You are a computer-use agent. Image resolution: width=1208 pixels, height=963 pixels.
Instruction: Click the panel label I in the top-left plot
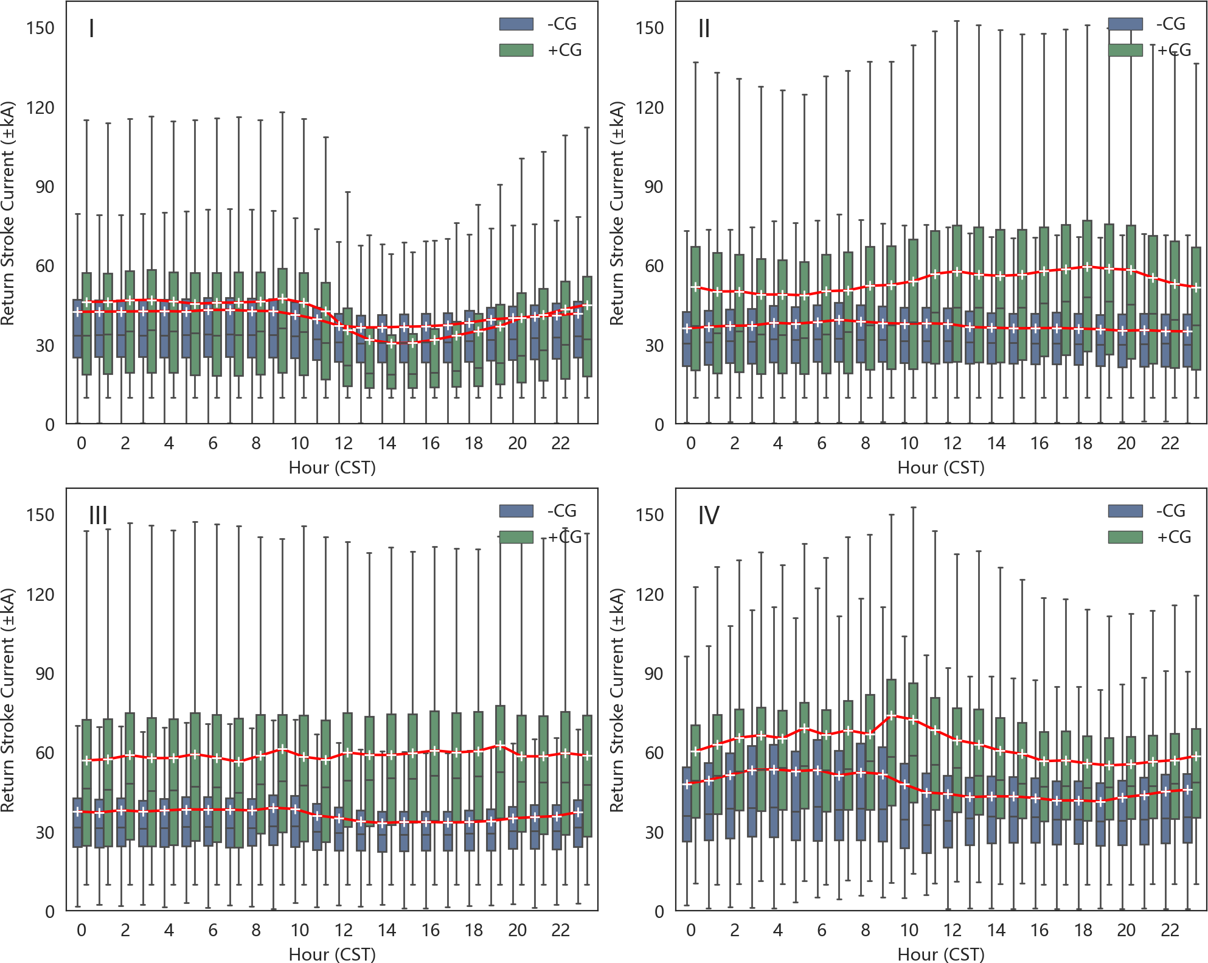click(x=91, y=29)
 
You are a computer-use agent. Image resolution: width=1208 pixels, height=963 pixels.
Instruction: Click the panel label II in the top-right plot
click(x=704, y=29)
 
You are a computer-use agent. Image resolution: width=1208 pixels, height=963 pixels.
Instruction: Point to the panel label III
click(x=98, y=516)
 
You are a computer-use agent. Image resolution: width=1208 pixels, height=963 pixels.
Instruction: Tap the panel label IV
click(x=709, y=516)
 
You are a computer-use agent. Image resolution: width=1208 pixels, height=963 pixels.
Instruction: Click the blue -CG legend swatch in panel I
click(x=516, y=24)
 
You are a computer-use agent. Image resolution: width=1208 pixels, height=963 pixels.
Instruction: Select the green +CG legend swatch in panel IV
click(x=1125, y=537)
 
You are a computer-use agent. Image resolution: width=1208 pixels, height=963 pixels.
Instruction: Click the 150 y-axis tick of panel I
click(x=40, y=28)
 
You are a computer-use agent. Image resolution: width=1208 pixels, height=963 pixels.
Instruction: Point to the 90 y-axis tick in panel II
click(x=654, y=187)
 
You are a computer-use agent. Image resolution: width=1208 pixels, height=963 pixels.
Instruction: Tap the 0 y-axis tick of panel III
click(x=50, y=911)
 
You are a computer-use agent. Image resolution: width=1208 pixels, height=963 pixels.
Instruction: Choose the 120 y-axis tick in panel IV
click(x=650, y=594)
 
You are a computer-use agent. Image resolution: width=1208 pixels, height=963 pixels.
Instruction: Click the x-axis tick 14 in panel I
click(x=387, y=443)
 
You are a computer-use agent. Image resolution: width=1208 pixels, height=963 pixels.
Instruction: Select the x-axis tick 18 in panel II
click(x=1083, y=443)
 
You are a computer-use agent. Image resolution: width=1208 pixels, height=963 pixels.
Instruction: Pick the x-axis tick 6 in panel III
click(x=213, y=930)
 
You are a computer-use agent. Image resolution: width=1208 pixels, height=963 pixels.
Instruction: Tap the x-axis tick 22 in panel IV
click(x=1170, y=930)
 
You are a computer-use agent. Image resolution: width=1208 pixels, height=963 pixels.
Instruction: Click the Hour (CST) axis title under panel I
click(x=332, y=467)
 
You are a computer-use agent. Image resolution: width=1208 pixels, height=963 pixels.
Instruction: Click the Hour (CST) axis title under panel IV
click(x=941, y=954)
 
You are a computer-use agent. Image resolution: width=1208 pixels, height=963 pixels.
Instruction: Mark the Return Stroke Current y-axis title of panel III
click(x=8, y=700)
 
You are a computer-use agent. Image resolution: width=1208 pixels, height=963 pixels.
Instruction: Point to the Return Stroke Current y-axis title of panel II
click(x=617, y=213)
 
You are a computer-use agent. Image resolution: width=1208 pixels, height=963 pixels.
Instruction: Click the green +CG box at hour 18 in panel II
click(x=1088, y=286)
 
